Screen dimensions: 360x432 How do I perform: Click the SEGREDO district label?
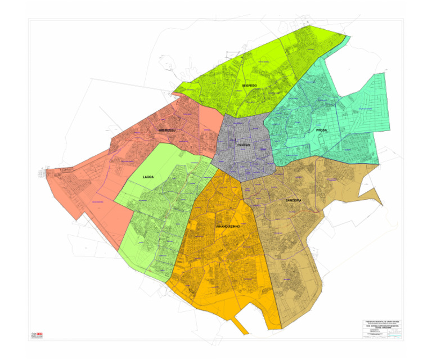[x=249, y=85]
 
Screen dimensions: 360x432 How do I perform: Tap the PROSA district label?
[x=321, y=130]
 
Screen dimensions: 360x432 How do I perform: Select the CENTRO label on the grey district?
[x=244, y=145]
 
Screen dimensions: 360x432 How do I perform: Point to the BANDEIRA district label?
[x=294, y=200]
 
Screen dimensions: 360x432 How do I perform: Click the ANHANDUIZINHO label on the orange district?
[x=228, y=226]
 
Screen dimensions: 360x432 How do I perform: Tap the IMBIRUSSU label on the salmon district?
[x=168, y=130]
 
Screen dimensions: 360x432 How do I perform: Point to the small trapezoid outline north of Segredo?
[x=232, y=54]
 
